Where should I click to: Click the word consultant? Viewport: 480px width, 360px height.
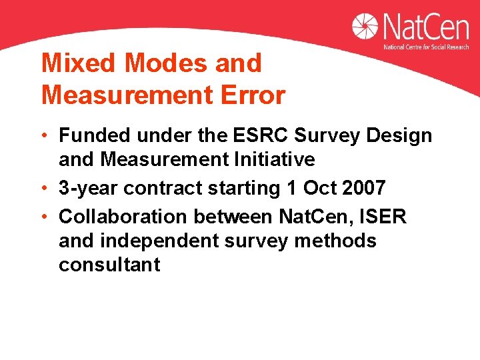tap(109, 265)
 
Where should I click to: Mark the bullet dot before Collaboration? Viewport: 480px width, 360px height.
tap(44, 217)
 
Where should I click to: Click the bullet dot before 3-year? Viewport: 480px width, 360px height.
tap(44, 188)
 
